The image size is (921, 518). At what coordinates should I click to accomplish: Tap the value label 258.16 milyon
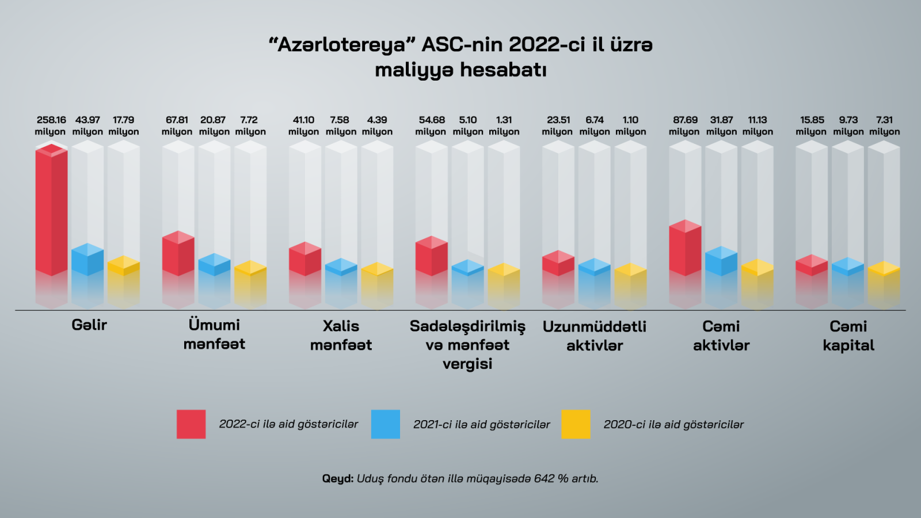51,125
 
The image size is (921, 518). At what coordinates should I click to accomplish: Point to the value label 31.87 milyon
721,125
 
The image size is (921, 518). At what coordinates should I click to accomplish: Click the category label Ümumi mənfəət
214,334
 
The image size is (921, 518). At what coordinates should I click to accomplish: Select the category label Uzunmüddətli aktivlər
595,336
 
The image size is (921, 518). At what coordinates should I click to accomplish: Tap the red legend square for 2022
191,424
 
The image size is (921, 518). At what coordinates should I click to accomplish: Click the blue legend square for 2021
386,424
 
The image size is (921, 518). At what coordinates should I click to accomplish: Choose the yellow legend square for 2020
576,424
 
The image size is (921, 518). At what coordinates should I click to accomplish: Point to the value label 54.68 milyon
431,125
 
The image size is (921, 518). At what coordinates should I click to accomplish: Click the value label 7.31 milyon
884,125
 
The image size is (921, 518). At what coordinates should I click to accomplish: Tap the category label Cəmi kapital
848,336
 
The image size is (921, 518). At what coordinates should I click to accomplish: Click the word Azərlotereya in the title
342,44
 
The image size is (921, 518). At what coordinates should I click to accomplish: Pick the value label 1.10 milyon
630,125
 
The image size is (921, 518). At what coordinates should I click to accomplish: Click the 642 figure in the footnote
544,478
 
